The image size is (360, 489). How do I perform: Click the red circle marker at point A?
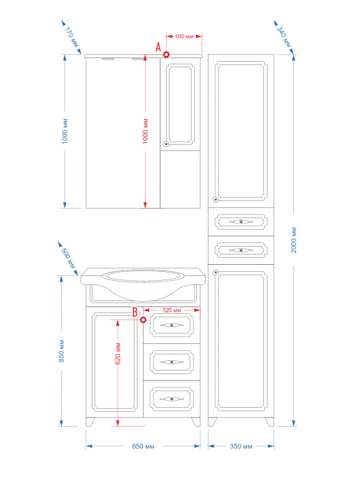pos(167,55)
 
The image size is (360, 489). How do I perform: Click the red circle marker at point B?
pos(144,319)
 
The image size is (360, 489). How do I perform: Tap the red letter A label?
pos(158,47)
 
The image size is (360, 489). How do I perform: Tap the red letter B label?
pos(135,312)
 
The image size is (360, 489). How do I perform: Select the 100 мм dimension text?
pos(184,36)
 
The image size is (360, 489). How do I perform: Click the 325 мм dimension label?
pos(172,310)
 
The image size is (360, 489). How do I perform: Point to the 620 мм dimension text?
pos(118,353)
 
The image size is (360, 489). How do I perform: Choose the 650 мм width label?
pos(143,446)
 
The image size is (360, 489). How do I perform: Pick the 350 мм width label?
pos(241,446)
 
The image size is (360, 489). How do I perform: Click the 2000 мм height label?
pos(293,240)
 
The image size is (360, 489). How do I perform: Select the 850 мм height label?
pos(62,351)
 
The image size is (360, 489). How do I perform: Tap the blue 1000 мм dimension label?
pos(65,131)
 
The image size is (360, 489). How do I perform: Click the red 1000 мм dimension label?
pos(145,131)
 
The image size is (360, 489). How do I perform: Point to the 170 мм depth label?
pos(71,37)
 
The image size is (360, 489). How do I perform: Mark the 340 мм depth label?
pos(284,37)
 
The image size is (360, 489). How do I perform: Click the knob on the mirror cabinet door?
pos(166,144)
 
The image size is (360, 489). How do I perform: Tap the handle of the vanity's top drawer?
pos(172,325)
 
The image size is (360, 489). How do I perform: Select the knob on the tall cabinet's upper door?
pos(215,199)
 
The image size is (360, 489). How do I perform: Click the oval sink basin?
pos(143,276)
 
